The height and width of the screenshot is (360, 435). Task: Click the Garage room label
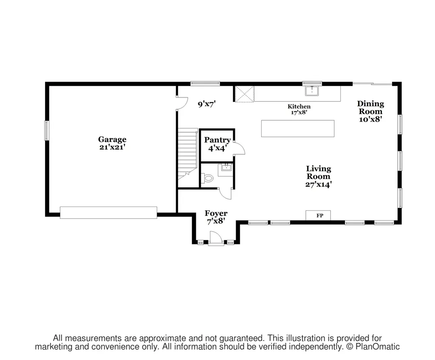[x=112, y=139]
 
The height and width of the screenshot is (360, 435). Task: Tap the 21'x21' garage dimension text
[x=112, y=147]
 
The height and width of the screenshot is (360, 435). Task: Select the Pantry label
[x=217, y=140]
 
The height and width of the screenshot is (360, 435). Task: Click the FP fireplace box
[x=318, y=215]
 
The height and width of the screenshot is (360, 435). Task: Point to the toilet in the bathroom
[x=207, y=178]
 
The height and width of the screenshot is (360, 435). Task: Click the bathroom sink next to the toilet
[x=226, y=167]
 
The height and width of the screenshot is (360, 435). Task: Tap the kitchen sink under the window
[x=312, y=91]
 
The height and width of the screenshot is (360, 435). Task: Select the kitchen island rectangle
[x=298, y=128]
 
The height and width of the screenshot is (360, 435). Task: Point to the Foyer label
[x=216, y=213]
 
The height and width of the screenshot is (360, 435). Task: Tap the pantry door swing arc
[x=239, y=148]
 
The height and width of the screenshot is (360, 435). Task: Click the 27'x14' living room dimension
[x=319, y=184]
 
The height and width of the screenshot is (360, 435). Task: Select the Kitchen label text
[x=299, y=106]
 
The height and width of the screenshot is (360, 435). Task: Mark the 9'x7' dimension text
[x=207, y=105]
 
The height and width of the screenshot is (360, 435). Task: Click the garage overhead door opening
[x=108, y=213]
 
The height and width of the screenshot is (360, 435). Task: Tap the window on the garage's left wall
[x=47, y=130]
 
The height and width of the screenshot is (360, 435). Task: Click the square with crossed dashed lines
[x=244, y=94]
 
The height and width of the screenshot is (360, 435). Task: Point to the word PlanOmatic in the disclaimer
[x=378, y=346]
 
